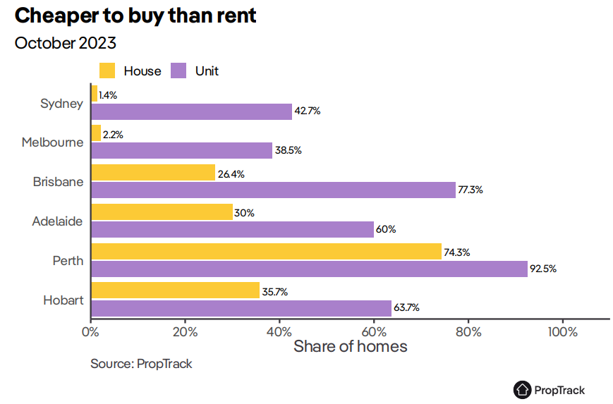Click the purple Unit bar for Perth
pos(309,269)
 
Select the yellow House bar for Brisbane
pos(153,173)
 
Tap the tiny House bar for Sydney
pos(94,94)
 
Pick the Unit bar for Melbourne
pos(181,150)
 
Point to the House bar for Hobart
pos(175,290)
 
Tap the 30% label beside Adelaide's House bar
pos(244,213)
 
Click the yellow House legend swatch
pos(107,71)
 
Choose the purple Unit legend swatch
pos(179,71)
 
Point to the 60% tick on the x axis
pos(374,332)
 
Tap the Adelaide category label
pos(58,221)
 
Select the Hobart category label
pos(63,300)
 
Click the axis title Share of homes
pos(350,347)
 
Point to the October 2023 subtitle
pos(66,43)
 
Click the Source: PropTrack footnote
pos(141,365)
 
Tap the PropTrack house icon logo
pos(522,389)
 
